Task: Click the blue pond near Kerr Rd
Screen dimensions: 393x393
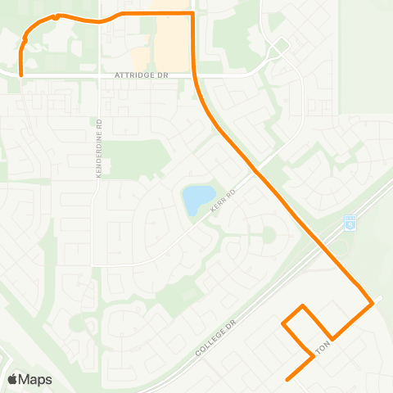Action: coord(195,200)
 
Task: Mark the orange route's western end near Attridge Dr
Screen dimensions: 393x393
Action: coord(20,75)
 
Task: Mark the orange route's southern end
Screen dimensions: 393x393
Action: coord(286,380)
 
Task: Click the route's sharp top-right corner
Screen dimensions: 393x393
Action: coord(192,14)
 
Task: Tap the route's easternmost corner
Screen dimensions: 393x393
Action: coord(373,303)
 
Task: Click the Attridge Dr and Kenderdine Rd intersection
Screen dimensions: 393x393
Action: coord(100,75)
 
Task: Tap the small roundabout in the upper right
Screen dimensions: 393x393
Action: coord(280,47)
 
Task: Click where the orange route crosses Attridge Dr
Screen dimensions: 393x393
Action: coord(195,75)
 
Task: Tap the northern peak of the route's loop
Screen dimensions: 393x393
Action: coord(305,305)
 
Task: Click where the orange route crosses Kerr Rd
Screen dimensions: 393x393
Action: coord(257,173)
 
